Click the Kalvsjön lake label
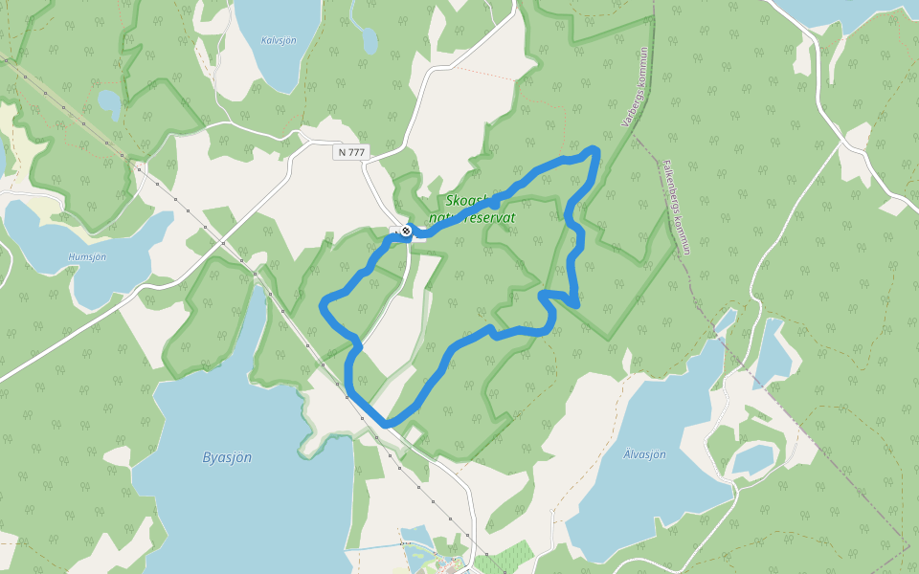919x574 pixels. (x=278, y=40)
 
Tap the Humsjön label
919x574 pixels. (x=87, y=257)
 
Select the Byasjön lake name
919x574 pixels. (x=227, y=457)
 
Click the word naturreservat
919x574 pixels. (x=473, y=218)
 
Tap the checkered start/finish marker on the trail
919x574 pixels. (x=407, y=231)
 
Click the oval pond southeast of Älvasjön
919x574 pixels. (x=752, y=460)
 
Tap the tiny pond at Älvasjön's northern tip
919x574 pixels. (x=727, y=320)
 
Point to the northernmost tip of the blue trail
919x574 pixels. (x=594, y=149)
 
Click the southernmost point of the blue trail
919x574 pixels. (x=386, y=424)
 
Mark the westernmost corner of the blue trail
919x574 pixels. (x=322, y=305)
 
